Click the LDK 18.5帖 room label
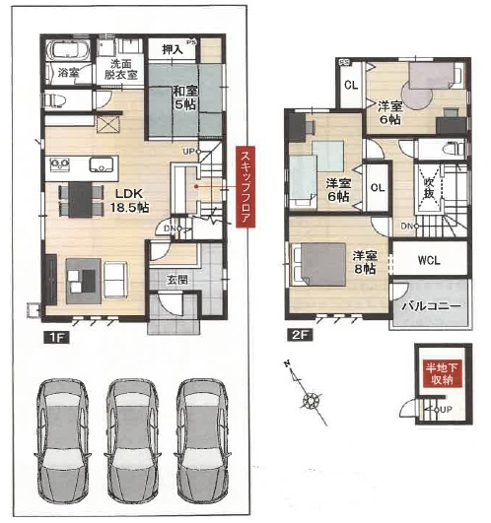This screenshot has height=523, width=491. coord(125,201)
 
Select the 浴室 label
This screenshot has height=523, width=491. coord(68,73)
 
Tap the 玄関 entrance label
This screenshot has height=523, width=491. coord(177,279)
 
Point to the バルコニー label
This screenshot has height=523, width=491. coord(432,307)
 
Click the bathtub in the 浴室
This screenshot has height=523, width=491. coord(67,50)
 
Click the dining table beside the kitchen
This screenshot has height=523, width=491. coord(75,199)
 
